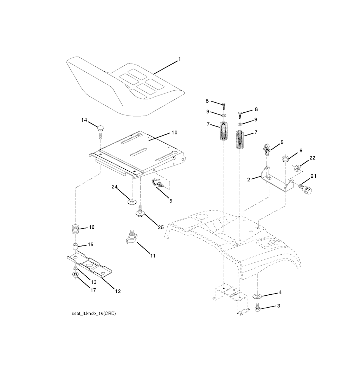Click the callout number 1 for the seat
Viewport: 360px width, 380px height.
click(x=179, y=59)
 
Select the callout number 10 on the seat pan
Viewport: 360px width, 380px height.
click(x=174, y=133)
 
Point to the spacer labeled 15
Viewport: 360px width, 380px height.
click(x=75, y=245)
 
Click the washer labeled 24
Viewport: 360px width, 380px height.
click(x=133, y=202)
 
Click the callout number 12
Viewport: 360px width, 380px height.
click(x=118, y=291)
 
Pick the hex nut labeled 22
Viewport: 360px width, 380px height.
click(x=297, y=168)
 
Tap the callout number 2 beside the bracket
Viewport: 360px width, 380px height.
click(x=249, y=179)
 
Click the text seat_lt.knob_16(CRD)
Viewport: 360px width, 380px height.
click(x=94, y=313)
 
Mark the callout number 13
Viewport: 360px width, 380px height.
click(x=94, y=282)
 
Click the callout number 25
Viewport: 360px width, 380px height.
click(x=161, y=227)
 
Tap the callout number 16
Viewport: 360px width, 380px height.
click(x=91, y=227)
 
